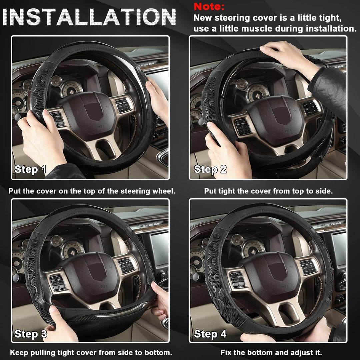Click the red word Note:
[x=209, y=6]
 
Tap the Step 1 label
[x=30, y=169]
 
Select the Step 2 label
[x=210, y=169]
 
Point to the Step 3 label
[x=30, y=334]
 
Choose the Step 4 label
[x=210, y=334]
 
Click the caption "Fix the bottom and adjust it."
[x=271, y=352]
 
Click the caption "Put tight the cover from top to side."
[x=268, y=191]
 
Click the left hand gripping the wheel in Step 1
[x=38, y=133]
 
